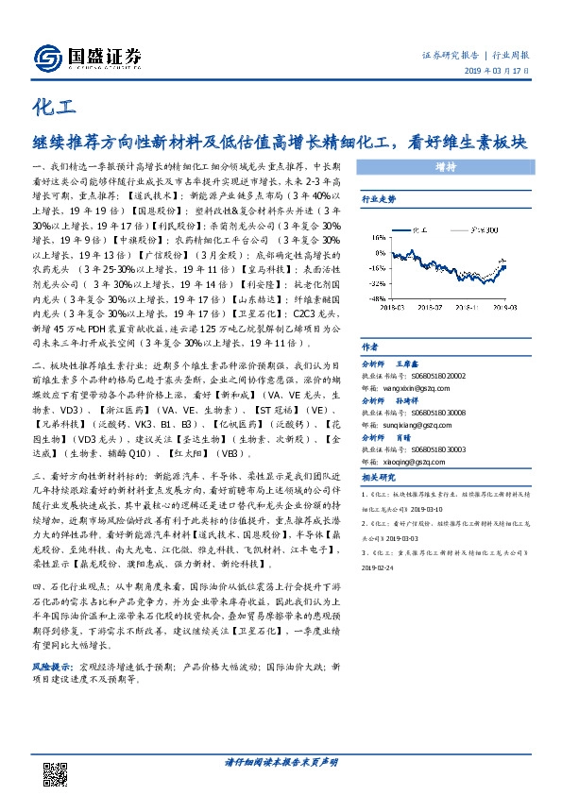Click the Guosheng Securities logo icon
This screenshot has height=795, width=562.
pyautogui.click(x=47, y=59)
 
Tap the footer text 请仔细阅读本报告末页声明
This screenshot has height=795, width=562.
pyautogui.click(x=281, y=763)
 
